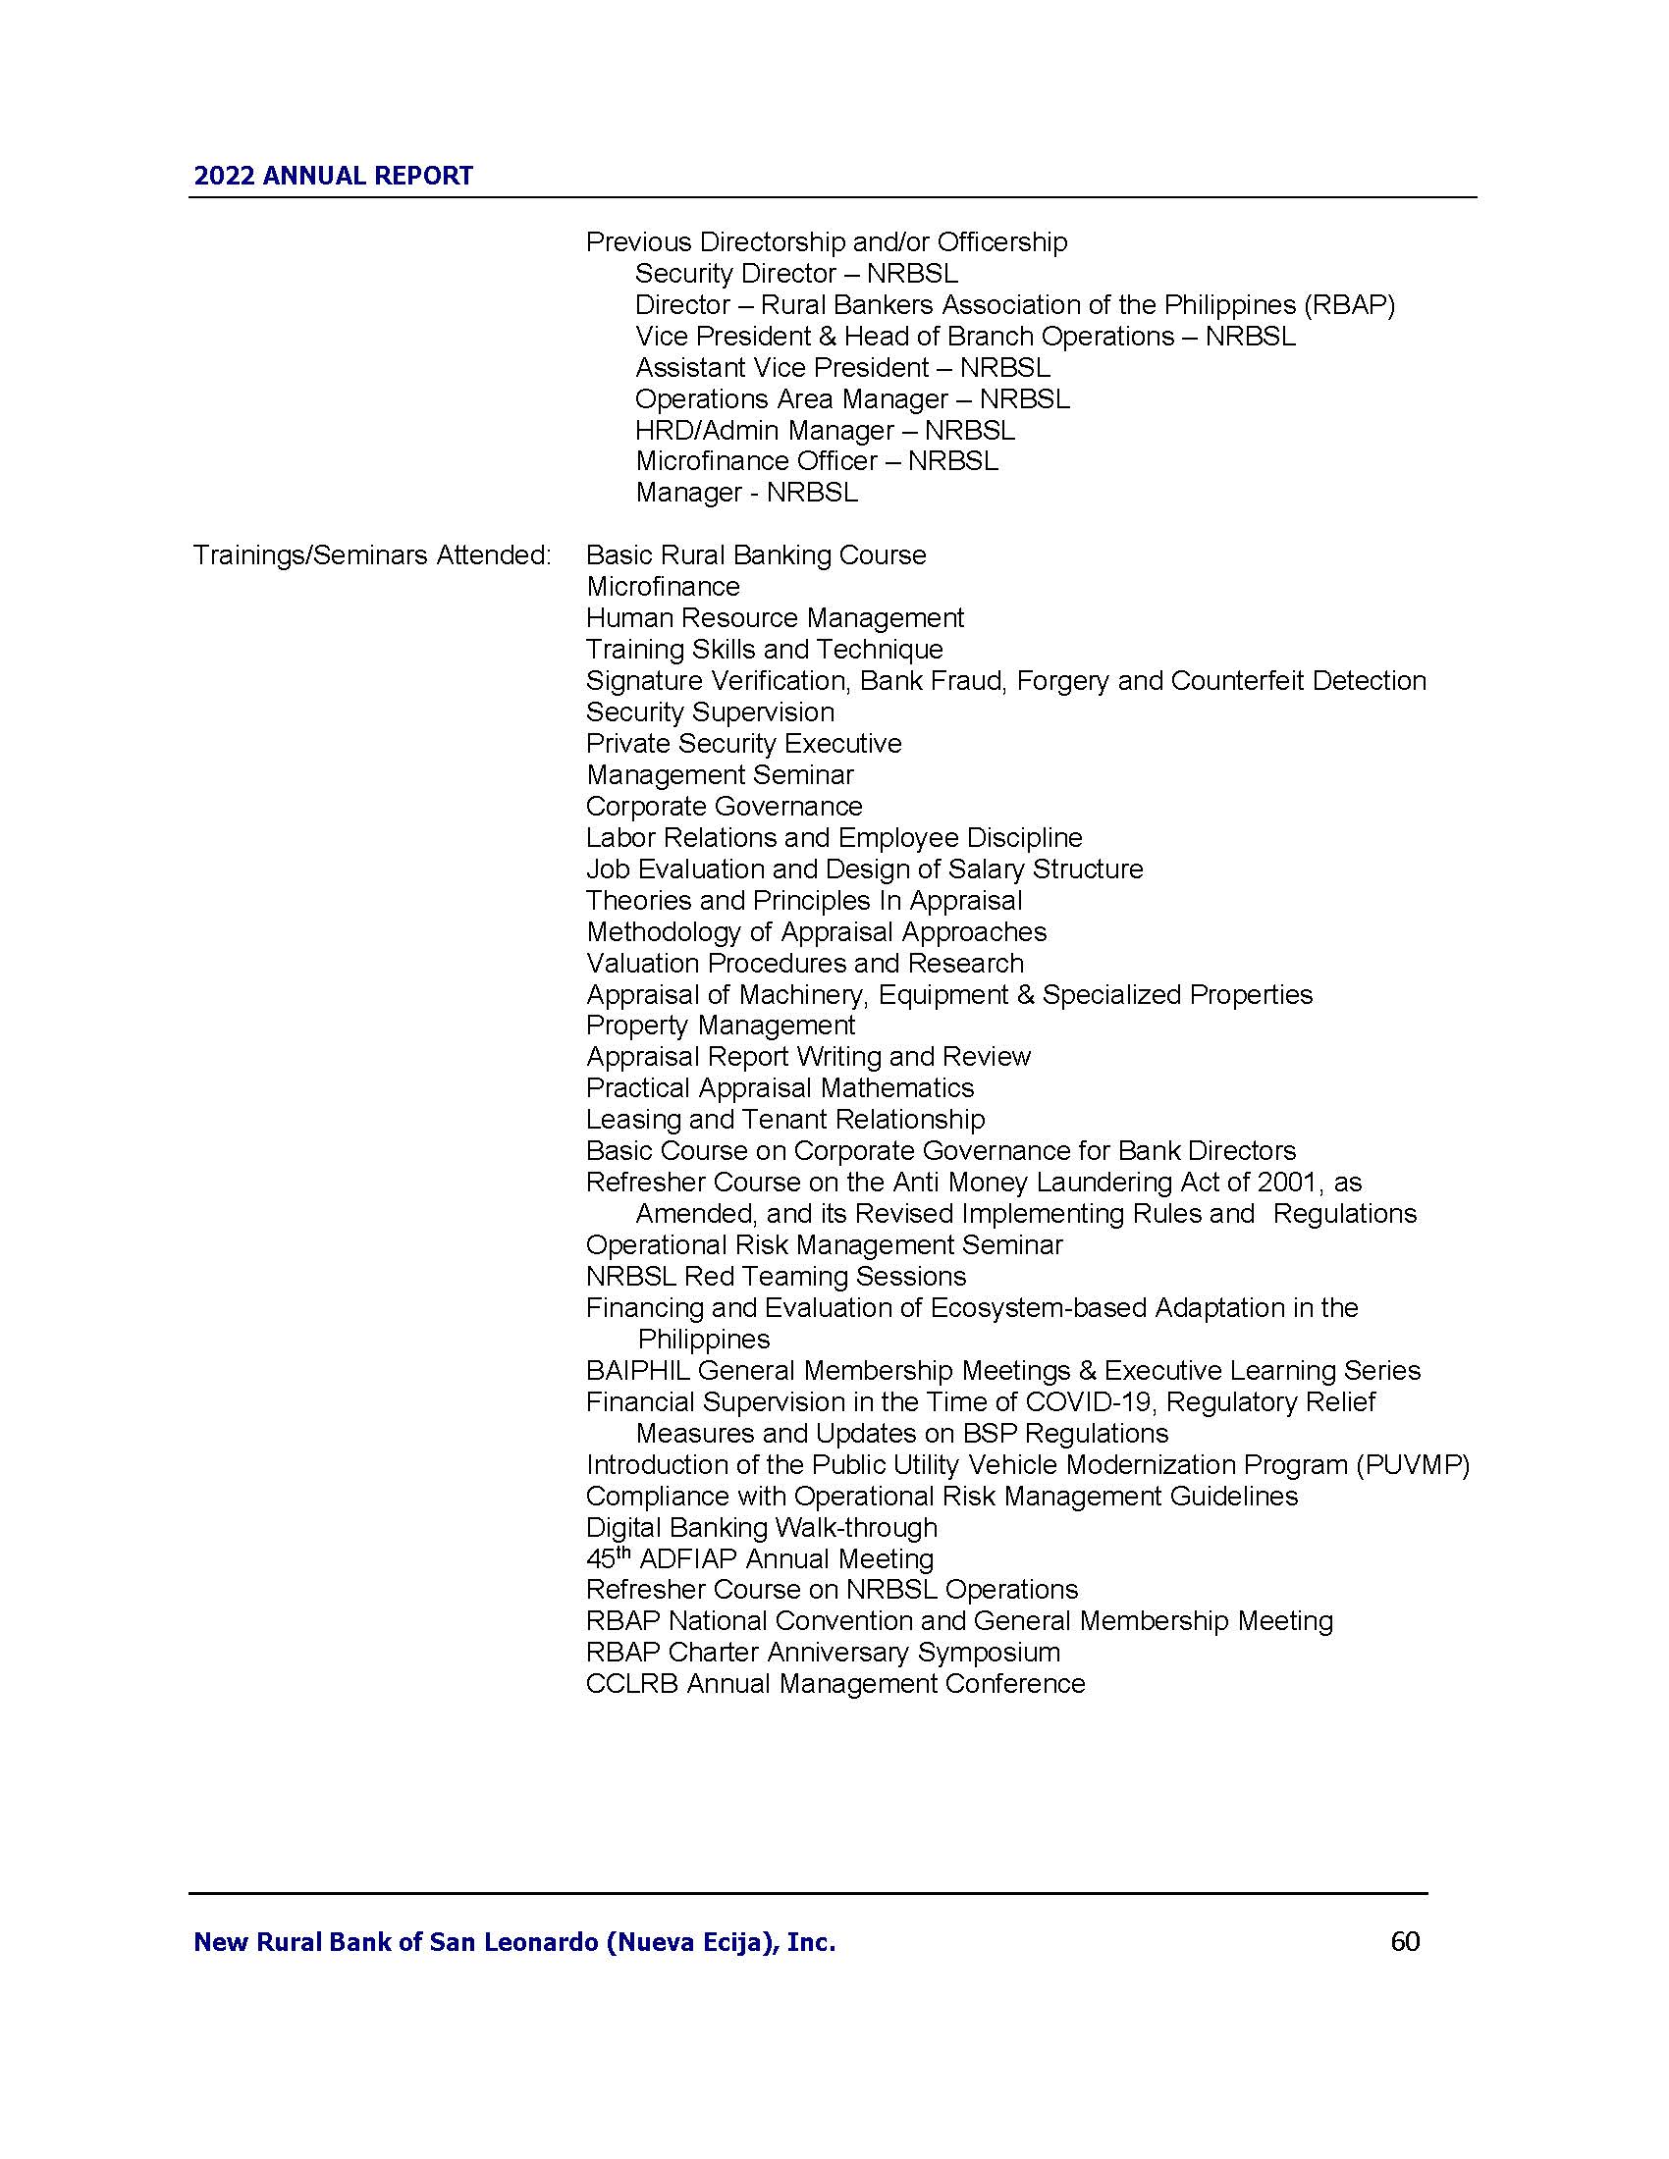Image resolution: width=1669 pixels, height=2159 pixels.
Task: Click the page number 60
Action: point(1404,1941)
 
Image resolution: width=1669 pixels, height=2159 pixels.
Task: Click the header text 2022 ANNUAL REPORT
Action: point(333,176)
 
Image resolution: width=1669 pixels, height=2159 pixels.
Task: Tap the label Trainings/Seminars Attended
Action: point(372,555)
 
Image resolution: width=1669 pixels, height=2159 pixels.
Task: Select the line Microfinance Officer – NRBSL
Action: point(817,461)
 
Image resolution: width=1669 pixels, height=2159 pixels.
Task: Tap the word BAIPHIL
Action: point(638,1371)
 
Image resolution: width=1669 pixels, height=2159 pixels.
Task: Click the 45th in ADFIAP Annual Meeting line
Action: point(607,1559)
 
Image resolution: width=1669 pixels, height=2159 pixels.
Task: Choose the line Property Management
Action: point(721,1026)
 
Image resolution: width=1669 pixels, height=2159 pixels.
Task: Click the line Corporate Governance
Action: point(724,807)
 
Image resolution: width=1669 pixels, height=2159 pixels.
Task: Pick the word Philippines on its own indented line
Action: point(703,1340)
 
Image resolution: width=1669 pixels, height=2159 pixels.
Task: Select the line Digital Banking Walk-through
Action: point(761,1527)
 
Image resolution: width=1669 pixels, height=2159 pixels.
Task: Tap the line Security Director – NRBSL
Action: point(796,273)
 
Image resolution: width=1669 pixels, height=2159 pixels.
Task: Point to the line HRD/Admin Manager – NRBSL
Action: point(825,430)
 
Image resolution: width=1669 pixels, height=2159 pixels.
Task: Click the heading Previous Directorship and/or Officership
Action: point(827,242)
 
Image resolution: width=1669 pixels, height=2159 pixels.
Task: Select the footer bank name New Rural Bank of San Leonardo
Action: point(514,1942)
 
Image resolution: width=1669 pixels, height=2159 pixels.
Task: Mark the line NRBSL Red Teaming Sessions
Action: point(776,1276)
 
